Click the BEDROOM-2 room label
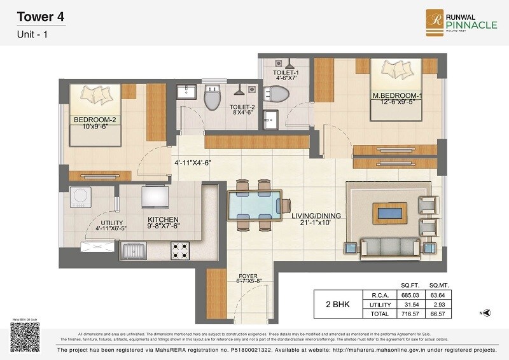pos(94,123)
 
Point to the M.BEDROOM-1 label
pos(398,99)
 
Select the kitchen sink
pos(134,251)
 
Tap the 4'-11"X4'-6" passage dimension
pos(193,162)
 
